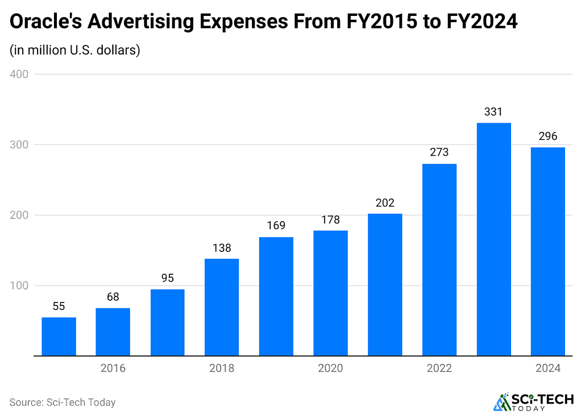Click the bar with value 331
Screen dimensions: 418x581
click(x=493, y=239)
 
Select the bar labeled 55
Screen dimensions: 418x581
click(x=59, y=336)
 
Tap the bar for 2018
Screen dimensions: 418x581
click(x=222, y=307)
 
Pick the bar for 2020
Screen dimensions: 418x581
click(x=330, y=293)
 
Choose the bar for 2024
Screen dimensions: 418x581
click(x=548, y=251)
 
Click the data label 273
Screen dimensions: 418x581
click(x=439, y=152)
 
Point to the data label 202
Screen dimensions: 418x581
click(x=385, y=202)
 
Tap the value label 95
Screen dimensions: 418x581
click(x=167, y=278)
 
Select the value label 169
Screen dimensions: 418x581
click(x=276, y=226)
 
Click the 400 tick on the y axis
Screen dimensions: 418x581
click(x=19, y=75)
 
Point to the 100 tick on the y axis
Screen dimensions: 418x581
click(x=19, y=285)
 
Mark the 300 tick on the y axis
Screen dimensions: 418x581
click(x=19, y=145)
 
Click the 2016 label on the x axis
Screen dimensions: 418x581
click(x=113, y=369)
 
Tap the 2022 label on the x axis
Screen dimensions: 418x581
click(x=439, y=369)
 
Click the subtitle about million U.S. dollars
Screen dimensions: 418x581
click(x=74, y=50)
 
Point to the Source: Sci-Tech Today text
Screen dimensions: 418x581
click(x=63, y=403)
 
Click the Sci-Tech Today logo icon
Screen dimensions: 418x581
click(x=502, y=402)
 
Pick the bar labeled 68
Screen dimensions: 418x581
click(x=113, y=332)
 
